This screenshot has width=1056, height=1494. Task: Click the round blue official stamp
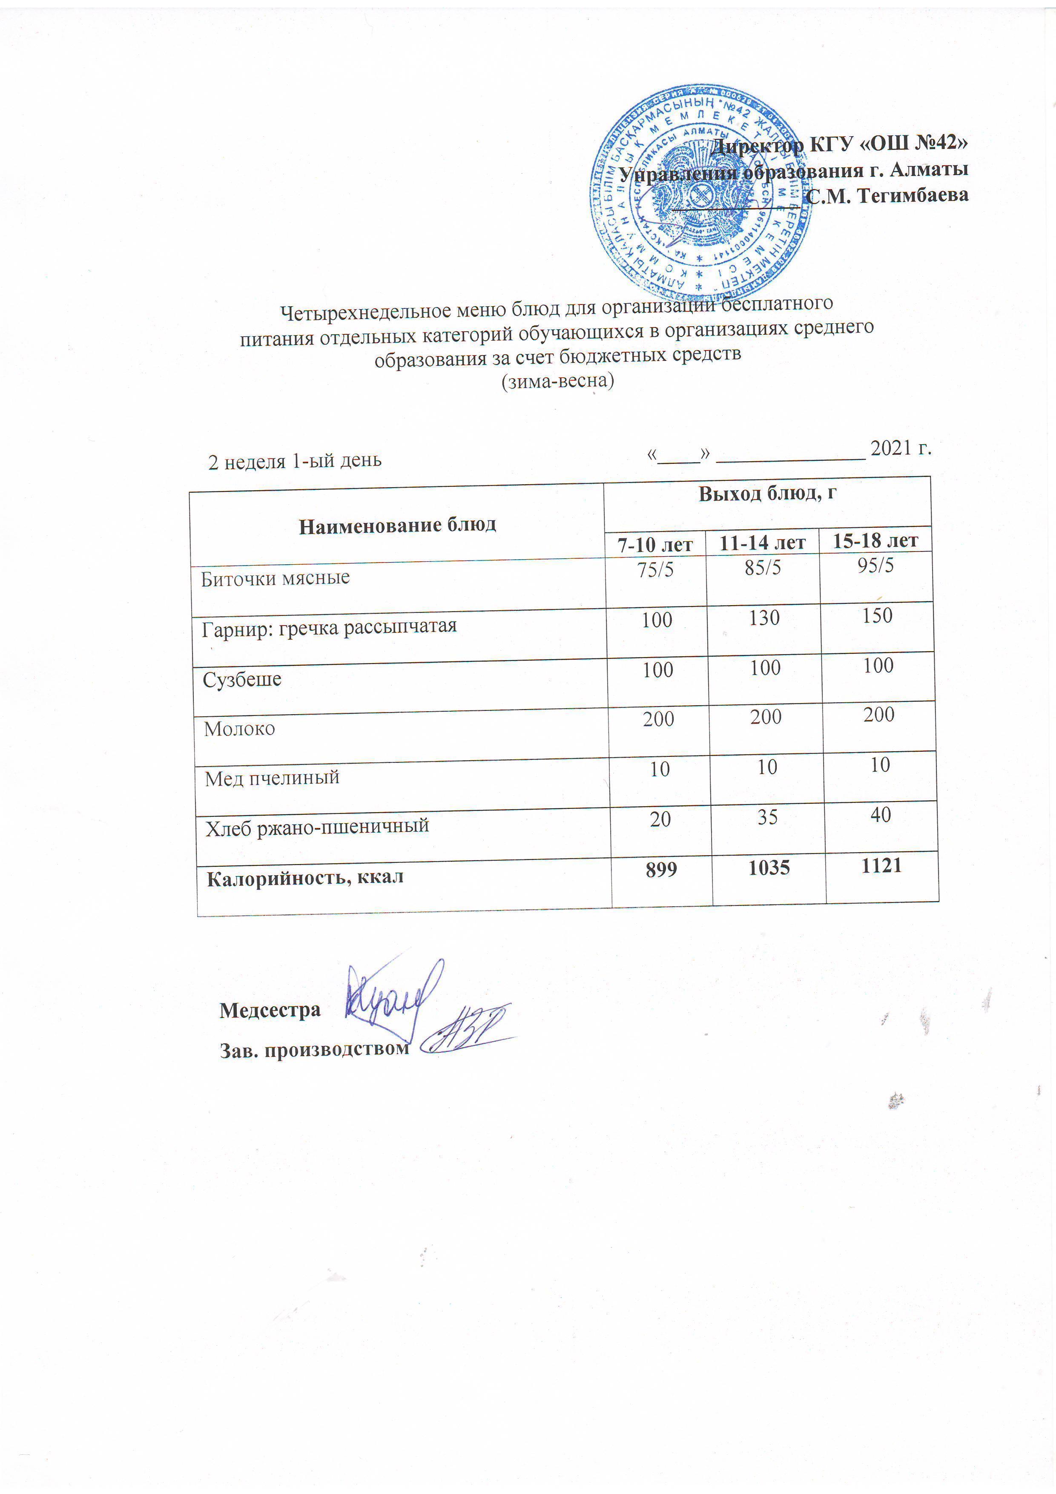coord(701,194)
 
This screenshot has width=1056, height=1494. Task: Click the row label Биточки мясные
coord(275,578)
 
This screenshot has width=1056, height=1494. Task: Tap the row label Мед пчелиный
coord(272,778)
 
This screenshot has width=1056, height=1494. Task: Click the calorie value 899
coord(661,869)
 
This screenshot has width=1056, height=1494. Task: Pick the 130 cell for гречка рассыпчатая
coord(764,618)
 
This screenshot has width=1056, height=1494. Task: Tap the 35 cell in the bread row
coord(767,817)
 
